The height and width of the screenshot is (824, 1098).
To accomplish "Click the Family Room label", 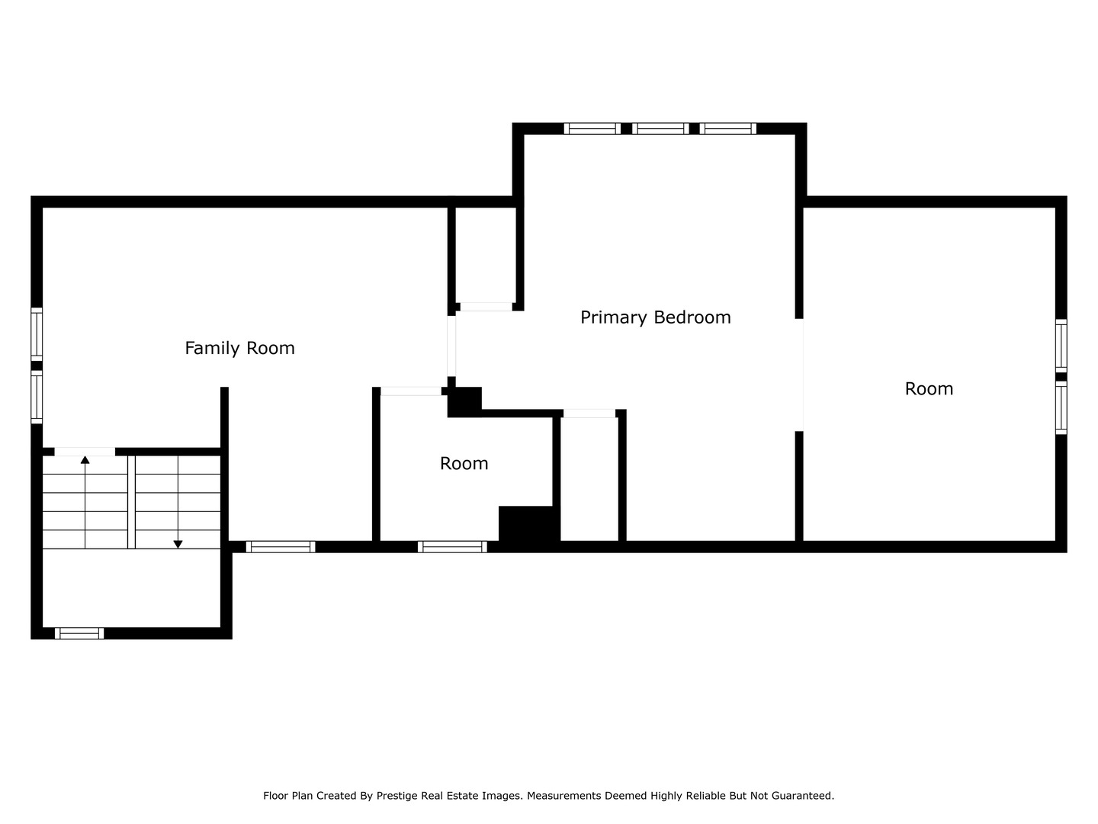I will point(239,348).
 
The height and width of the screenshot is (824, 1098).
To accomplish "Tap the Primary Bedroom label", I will point(655,317).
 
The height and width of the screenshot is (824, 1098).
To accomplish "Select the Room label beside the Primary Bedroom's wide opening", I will point(929,388).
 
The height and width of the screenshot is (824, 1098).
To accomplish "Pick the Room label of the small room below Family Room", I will point(464,463).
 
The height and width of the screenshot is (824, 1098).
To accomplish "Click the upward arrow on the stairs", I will point(85,461).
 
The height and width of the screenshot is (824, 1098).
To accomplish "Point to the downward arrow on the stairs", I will point(178,543).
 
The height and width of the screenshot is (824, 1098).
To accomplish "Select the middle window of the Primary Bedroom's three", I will point(660,128).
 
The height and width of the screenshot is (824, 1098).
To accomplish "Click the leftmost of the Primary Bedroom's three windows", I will point(592,128).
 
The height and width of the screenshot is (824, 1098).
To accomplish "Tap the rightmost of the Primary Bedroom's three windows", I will point(728,128).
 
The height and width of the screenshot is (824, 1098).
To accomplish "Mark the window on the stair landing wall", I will point(79,632).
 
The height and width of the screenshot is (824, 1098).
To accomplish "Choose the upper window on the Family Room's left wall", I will point(37,333).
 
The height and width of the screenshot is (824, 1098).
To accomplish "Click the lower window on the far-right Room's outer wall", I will point(1061,408).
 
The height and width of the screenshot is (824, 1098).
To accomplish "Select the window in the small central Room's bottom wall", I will point(452,546).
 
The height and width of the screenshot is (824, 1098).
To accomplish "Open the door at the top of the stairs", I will point(85,452).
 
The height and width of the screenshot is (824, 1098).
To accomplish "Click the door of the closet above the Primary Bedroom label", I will point(486,307).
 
